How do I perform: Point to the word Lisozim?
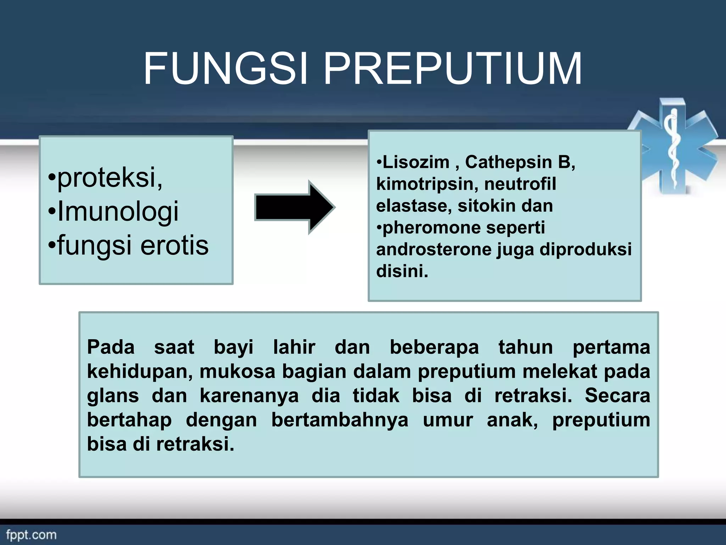click(415, 163)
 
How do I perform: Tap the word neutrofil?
click(520, 184)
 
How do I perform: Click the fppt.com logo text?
click(31, 535)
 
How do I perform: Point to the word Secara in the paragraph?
click(617, 396)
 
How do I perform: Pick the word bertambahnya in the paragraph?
click(340, 420)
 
